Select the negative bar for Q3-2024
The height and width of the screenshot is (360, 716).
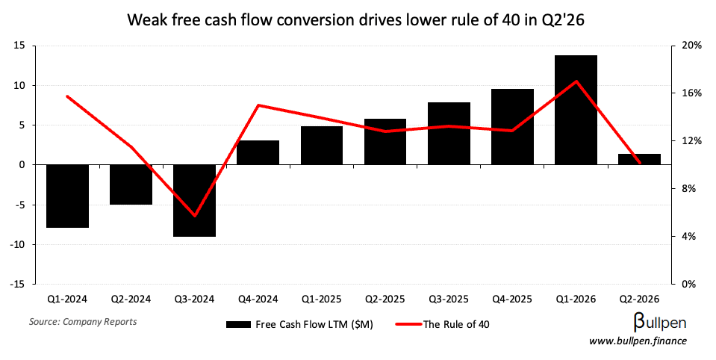[194, 200]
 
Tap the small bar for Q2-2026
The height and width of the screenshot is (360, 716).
[639, 159]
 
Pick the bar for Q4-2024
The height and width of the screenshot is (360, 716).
[258, 152]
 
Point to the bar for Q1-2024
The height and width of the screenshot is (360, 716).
[67, 196]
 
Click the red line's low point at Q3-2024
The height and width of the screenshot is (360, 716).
[195, 216]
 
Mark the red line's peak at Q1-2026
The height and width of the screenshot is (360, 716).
[576, 81]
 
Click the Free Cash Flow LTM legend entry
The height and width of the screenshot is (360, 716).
[299, 324]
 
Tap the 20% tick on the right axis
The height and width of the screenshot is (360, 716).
[691, 46]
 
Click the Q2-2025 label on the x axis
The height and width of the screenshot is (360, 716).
[385, 300]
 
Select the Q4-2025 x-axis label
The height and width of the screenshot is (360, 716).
[512, 300]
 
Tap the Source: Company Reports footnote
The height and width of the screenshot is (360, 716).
[83, 322]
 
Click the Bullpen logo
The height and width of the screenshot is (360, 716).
[659, 323]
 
